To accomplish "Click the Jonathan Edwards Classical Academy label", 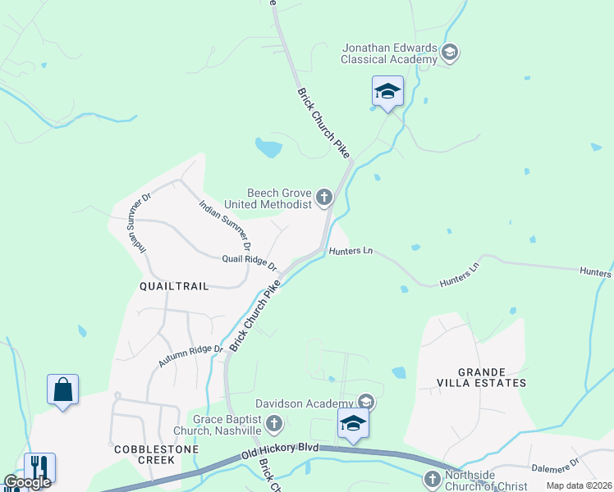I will pyautogui.click(x=390, y=53).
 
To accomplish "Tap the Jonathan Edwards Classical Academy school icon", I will pyautogui.click(x=449, y=53).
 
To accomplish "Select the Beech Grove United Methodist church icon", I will pyautogui.click(x=324, y=197).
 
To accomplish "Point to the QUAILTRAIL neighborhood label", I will pyautogui.click(x=174, y=286).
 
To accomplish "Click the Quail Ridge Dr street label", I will pyautogui.click(x=250, y=262).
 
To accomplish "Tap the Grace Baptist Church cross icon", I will pyautogui.click(x=275, y=424).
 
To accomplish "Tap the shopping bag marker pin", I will pyautogui.click(x=63, y=390).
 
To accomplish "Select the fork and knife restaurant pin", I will pyautogui.click(x=39, y=469).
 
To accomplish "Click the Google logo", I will pyautogui.click(x=27, y=482).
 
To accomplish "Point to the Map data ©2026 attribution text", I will pyautogui.click(x=579, y=485).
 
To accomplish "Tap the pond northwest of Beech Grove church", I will pyautogui.click(x=268, y=148).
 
